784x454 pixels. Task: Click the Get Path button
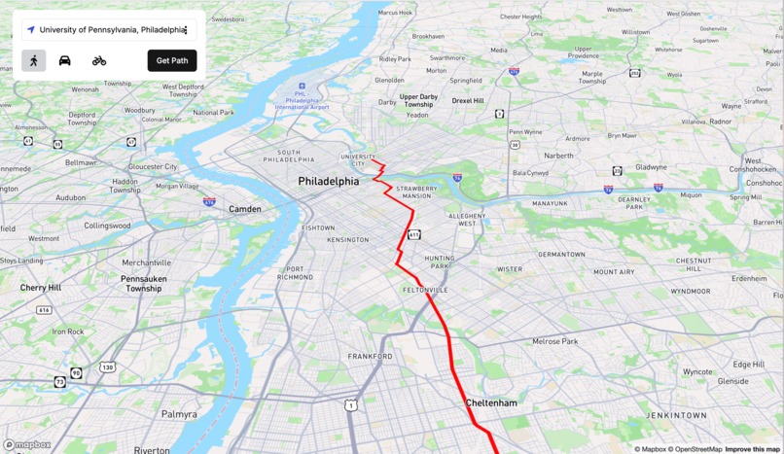pos(172,60)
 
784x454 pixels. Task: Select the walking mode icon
pos(34,60)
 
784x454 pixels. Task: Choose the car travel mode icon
pos(65,60)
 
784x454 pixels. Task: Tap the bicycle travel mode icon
pos(99,60)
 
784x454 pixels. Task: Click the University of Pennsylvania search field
pos(109,30)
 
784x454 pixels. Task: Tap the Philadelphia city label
pos(328,182)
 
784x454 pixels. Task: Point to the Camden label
pos(245,209)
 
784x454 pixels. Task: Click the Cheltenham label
pos(491,402)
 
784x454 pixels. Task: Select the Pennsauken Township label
pos(143,284)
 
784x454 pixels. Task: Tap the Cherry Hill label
pos(40,288)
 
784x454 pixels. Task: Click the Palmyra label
pos(179,414)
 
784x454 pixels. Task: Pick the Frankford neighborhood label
pos(371,357)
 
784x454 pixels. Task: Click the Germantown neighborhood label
pos(561,255)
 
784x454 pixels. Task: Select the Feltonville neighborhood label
pos(426,290)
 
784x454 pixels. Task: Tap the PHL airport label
pos(303,98)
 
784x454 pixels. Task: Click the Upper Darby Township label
pos(418,101)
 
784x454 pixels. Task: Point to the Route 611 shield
pos(414,234)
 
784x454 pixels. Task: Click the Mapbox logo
pos(27,445)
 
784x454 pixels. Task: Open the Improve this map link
pos(752,449)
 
